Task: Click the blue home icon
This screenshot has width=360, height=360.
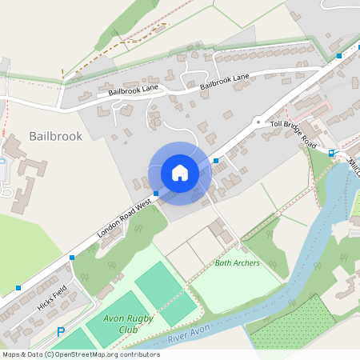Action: [180, 173]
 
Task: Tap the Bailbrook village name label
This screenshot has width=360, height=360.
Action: [55, 137]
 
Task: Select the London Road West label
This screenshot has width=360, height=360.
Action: [124, 217]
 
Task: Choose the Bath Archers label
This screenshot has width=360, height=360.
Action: [238, 263]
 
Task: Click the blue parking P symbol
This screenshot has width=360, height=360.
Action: [60, 332]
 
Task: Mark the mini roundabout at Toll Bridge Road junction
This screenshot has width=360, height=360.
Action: [258, 122]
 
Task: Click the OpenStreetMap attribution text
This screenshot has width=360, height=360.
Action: [81, 354]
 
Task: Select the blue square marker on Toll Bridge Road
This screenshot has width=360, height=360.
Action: [331, 152]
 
